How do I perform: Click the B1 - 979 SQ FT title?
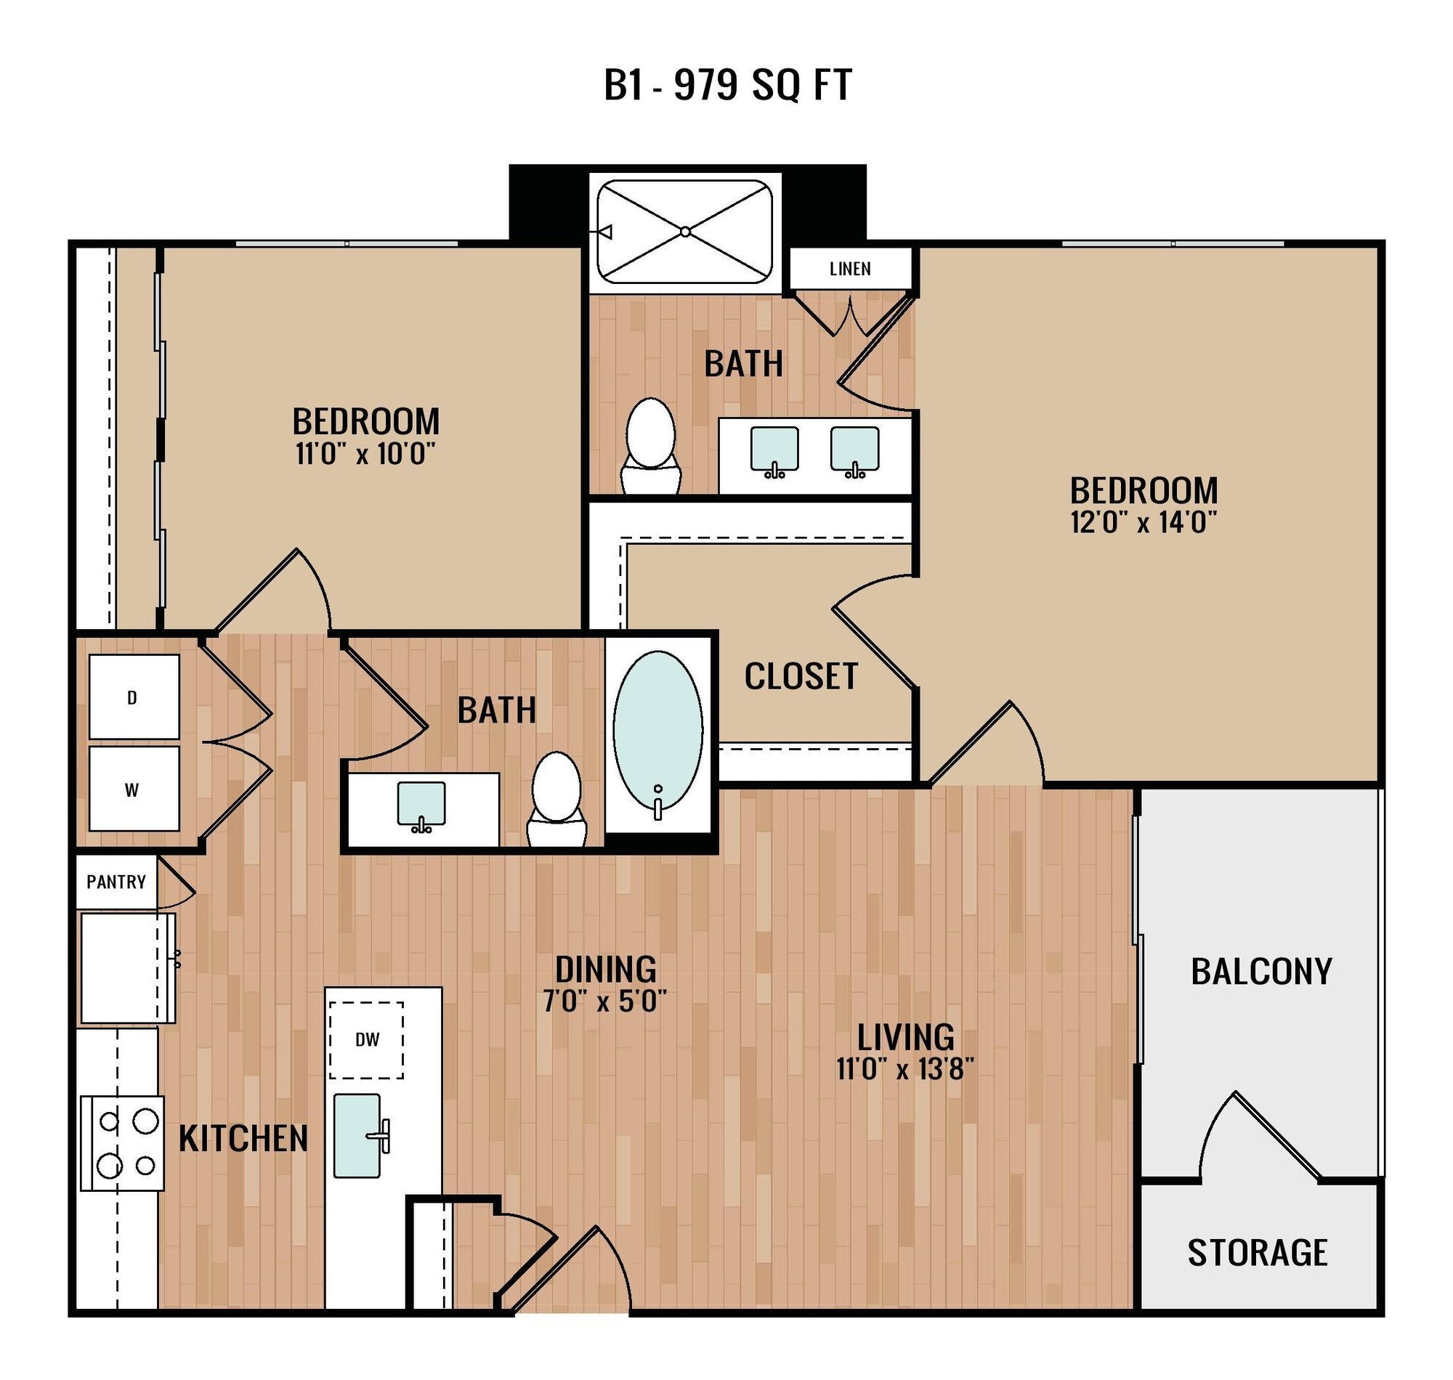coord(727,85)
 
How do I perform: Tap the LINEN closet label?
coord(850,269)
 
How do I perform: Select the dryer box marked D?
coord(133,697)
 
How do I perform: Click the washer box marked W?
coord(133,790)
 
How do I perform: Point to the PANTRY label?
coord(116,881)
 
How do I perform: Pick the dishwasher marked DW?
coord(366,1039)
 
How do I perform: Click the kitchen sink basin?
coord(357,1135)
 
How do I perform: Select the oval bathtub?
coord(657,730)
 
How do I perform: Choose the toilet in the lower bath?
coord(557,796)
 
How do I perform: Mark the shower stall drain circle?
coord(684,232)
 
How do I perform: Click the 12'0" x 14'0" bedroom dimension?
coord(1143,523)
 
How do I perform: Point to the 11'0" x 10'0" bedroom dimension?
coord(365,454)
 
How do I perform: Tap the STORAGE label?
coord(1257,1253)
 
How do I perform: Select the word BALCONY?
coord(1261,972)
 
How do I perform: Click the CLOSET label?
coord(801,676)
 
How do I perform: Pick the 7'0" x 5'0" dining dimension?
coord(604,1002)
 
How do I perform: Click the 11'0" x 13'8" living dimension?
coord(905,1069)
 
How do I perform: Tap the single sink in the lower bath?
coord(421,804)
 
